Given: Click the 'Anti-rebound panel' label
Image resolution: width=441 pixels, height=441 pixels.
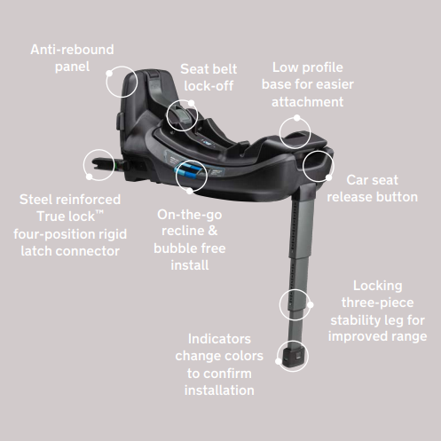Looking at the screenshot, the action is coord(72,58).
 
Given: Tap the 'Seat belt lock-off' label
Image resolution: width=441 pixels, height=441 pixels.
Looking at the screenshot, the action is coord(209,77).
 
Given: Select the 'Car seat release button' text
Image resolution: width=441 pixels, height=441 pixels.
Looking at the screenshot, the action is coord(372,188).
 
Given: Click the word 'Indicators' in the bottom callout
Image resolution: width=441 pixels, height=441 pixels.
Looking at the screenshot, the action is coord(219,339).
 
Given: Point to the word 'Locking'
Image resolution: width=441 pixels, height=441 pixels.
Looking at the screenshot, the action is coord(378,286).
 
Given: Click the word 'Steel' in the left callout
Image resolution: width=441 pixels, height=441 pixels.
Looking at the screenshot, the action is coord(35,200).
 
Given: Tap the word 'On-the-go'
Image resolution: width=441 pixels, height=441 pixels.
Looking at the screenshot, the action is coord(190,215).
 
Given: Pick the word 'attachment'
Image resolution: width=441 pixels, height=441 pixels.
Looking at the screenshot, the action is coord(308,102).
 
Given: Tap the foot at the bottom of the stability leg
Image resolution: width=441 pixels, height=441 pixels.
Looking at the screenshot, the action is coord(293,358).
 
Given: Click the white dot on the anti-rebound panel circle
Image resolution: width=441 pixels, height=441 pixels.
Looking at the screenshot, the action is coord(109,73).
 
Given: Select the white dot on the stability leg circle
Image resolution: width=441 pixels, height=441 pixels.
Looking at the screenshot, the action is coord(311,304).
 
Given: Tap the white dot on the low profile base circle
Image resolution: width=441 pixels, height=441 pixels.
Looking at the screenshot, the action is coord(296,118).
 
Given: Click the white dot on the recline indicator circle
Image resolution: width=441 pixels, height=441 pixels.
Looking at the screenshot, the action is coord(190,191).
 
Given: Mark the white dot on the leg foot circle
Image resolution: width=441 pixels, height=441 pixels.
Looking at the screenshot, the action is coord(279,361).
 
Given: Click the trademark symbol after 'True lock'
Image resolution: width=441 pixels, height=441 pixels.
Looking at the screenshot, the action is coord(99,212).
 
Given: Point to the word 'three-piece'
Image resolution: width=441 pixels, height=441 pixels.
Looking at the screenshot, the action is coord(378,303).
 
